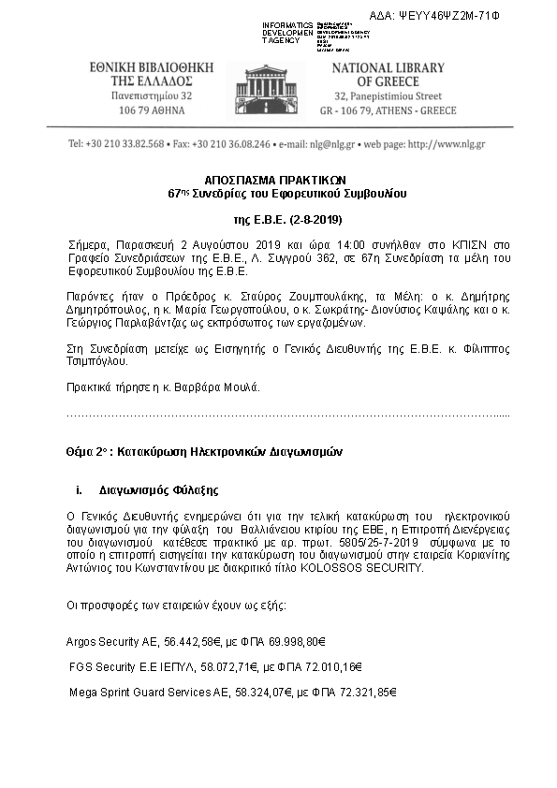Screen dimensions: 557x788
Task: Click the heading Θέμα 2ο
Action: coord(93,449)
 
